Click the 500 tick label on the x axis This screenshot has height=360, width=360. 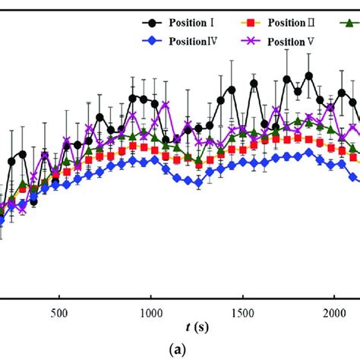click(59, 312)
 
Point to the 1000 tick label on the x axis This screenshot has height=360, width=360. click(151, 312)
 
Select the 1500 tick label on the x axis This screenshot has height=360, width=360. click(242, 312)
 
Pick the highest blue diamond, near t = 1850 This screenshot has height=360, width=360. click(308, 152)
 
